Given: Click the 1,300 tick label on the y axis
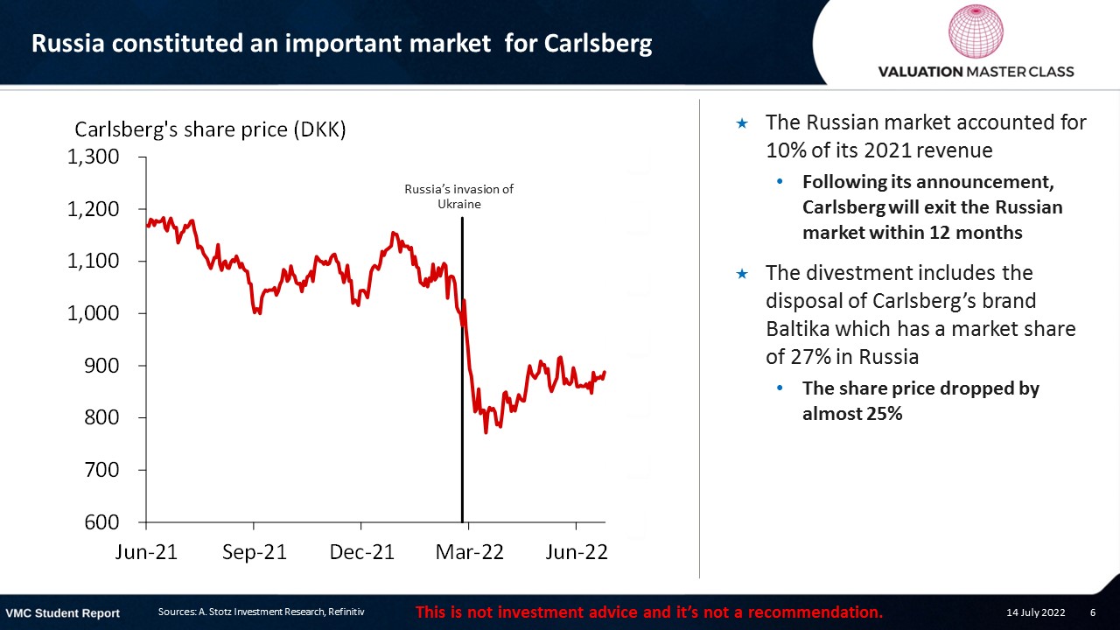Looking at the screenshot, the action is [x=93, y=157].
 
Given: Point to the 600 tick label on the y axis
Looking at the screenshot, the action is [x=102, y=522].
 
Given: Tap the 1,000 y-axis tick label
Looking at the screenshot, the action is [x=93, y=313].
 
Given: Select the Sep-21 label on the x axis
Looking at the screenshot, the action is [x=255, y=552].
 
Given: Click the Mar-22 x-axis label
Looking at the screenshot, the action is [x=470, y=552].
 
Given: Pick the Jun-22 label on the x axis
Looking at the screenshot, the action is [x=577, y=552].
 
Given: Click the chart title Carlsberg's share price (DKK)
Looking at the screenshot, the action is [x=210, y=130].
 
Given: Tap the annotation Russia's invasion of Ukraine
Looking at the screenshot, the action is [x=459, y=197].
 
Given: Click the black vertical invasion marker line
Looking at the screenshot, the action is [x=462, y=370].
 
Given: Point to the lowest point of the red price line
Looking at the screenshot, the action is [x=486, y=432].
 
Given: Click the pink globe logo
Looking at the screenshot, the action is [x=976, y=31].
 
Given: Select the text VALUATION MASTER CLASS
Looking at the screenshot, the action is [x=976, y=72].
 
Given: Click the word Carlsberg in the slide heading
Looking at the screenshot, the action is [x=598, y=44].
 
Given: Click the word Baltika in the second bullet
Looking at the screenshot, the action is [x=797, y=329].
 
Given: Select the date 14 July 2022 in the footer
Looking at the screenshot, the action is [x=1035, y=612].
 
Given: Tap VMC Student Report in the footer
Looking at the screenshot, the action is [x=62, y=613].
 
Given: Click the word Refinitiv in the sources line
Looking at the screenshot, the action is [x=346, y=612].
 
